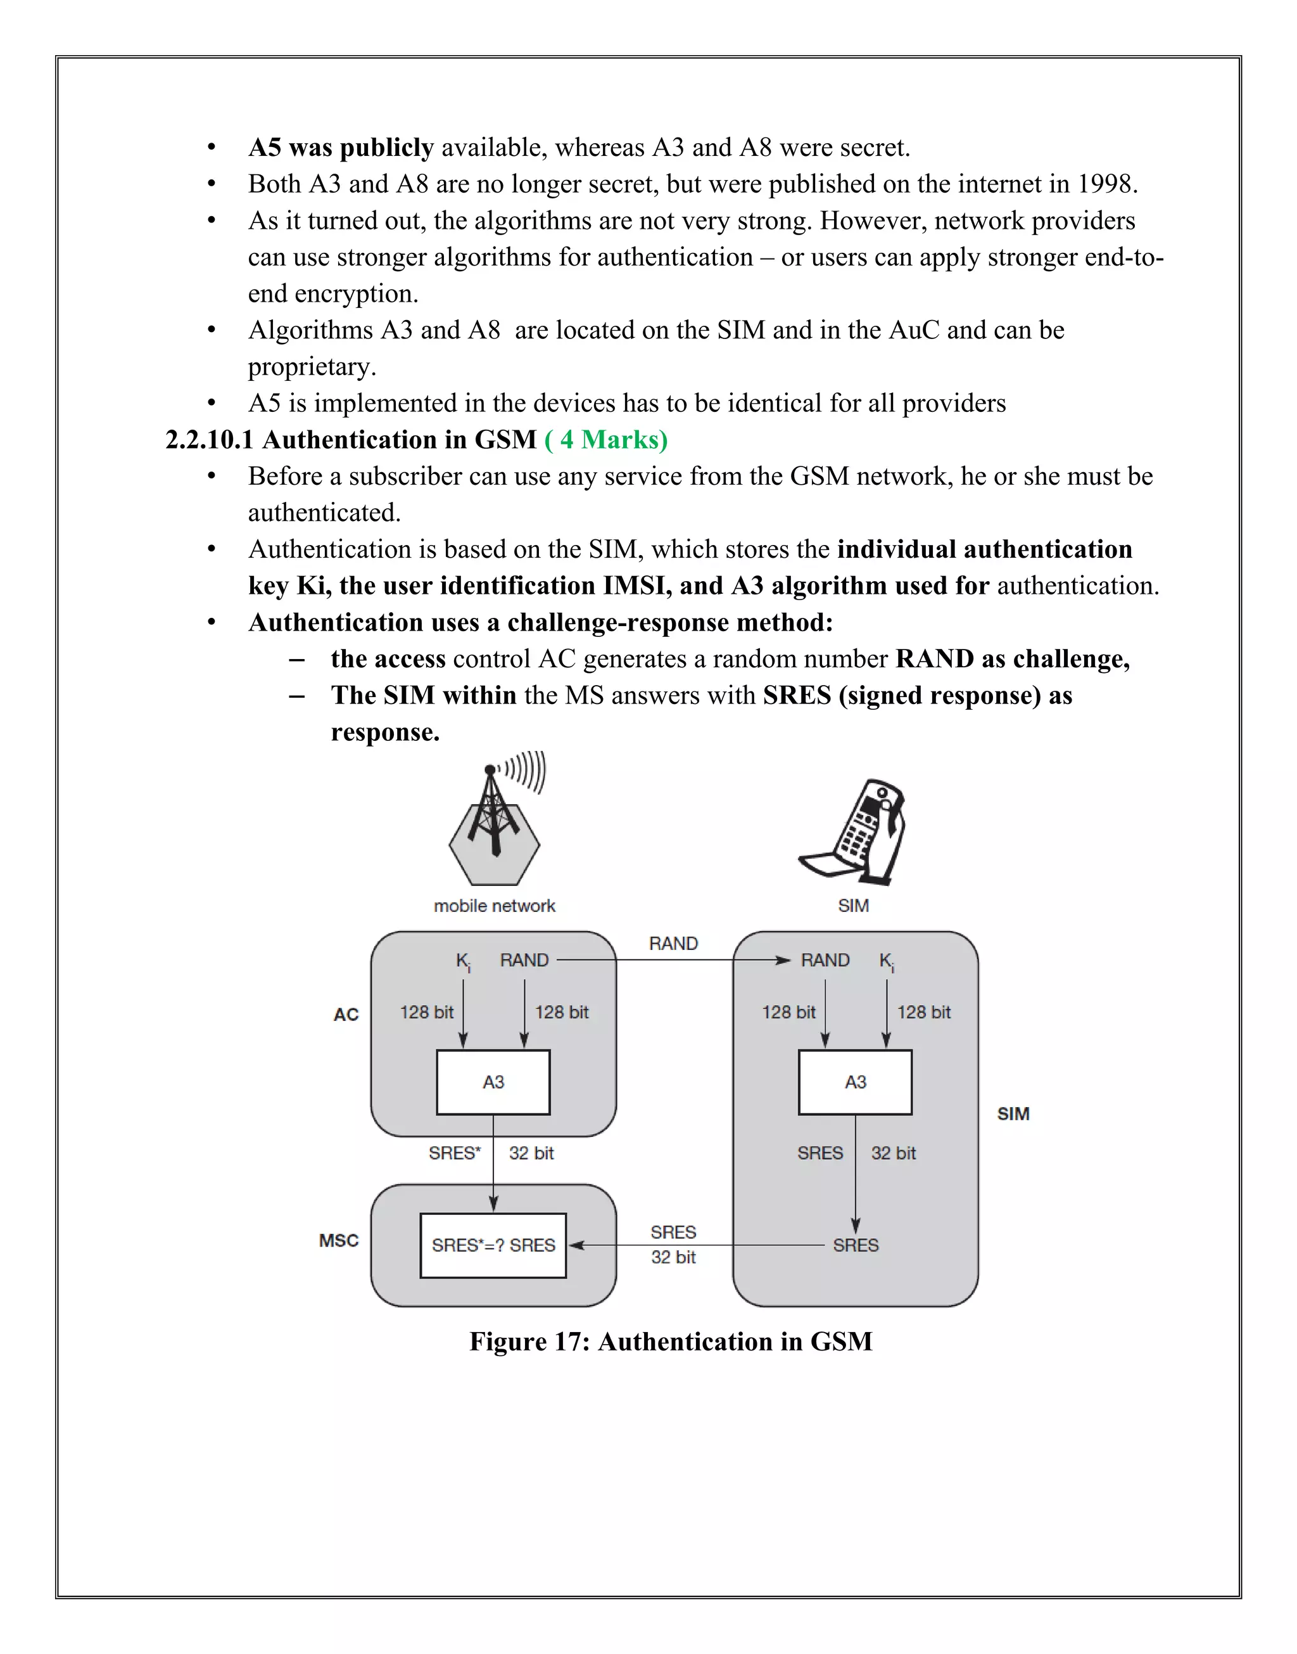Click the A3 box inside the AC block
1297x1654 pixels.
pos(493,1082)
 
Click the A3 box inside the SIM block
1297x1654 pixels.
pos(855,1082)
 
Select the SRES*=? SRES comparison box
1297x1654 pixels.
pos(493,1245)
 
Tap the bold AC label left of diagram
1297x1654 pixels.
pos(346,1015)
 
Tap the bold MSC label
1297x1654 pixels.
pos(339,1241)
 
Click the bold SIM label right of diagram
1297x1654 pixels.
pos(1013,1114)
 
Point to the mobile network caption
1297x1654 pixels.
pos(495,906)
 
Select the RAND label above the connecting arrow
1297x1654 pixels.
pos(673,944)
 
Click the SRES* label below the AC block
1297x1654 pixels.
pos(454,1153)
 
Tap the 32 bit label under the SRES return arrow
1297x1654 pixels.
pos(673,1257)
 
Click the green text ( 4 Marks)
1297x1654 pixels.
pos(606,440)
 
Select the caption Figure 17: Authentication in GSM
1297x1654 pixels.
pos(671,1342)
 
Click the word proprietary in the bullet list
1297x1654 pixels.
pos(312,367)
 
